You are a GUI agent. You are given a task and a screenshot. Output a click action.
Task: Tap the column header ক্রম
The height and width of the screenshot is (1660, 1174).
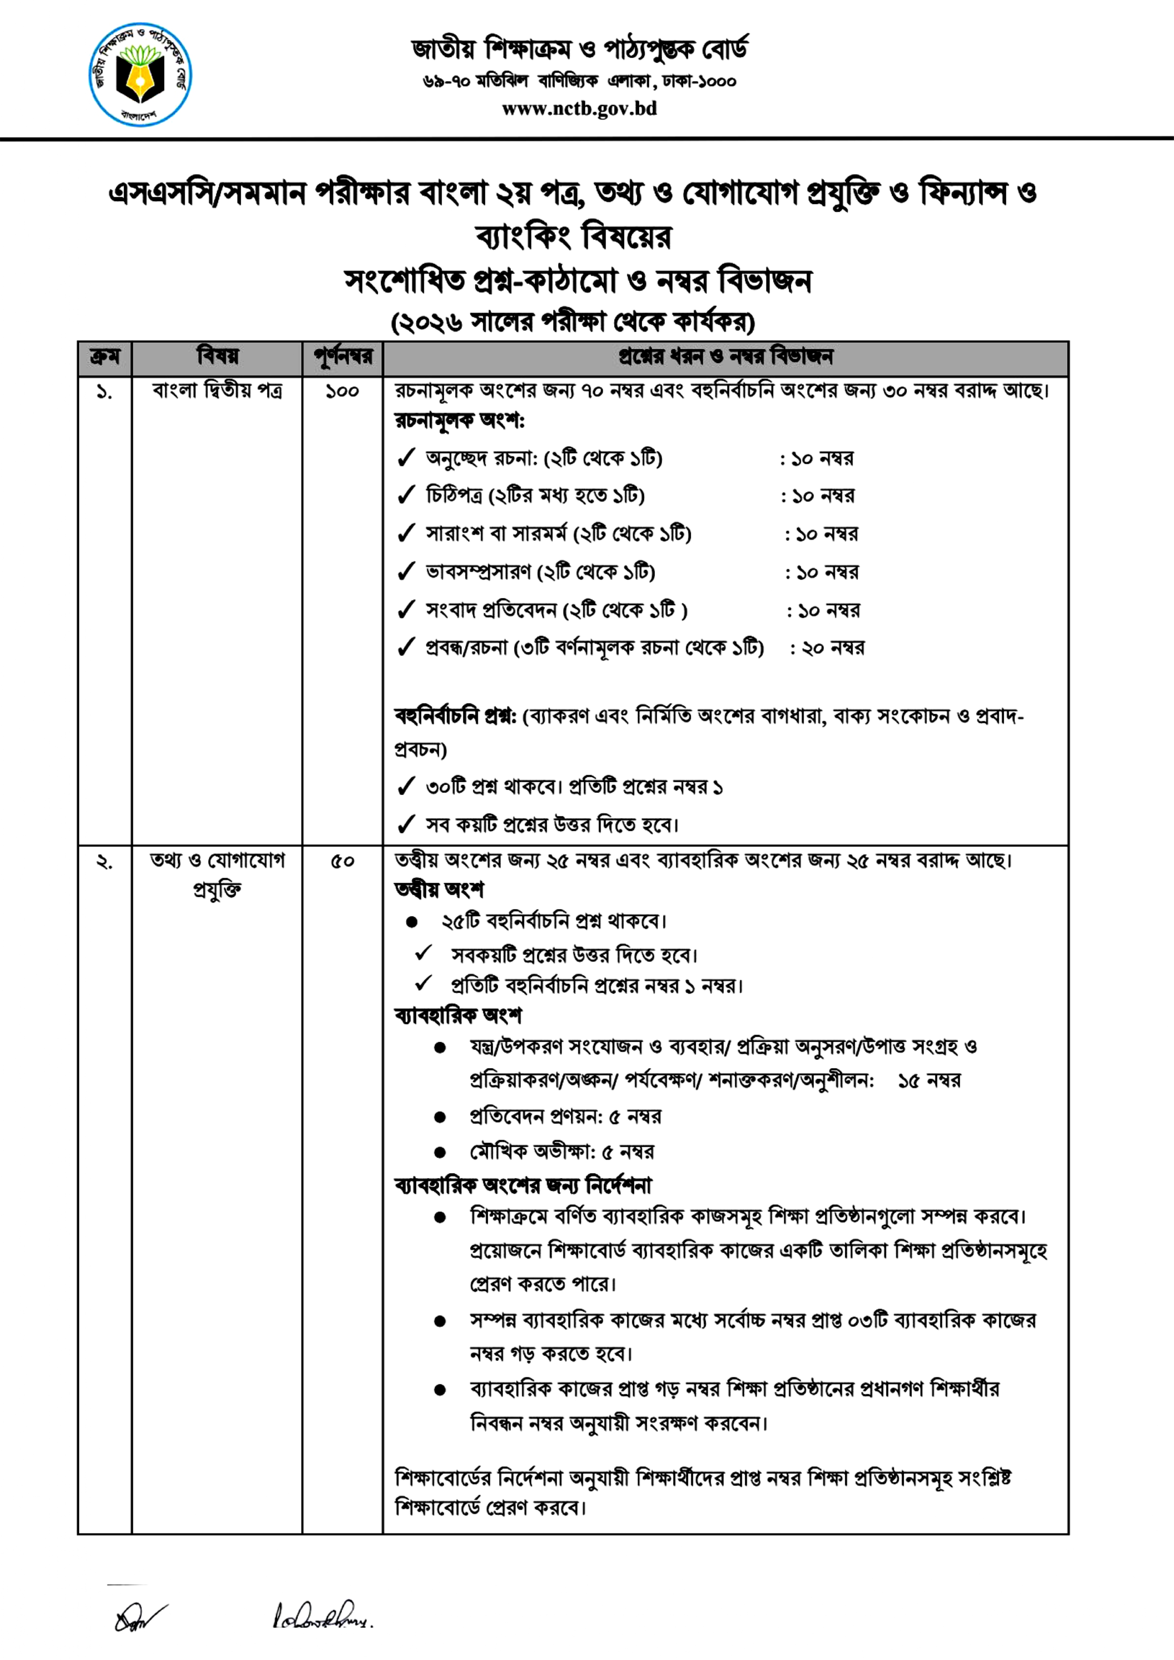click(x=105, y=357)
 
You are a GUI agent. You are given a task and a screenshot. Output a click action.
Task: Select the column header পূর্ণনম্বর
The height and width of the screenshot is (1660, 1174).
click(x=342, y=357)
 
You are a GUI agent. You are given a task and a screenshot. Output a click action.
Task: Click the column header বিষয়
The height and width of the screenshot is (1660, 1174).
click(x=217, y=357)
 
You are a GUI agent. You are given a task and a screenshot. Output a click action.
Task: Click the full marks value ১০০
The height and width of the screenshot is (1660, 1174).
click(x=342, y=391)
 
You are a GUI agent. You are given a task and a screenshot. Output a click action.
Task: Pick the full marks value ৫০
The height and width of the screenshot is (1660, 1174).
click(x=342, y=861)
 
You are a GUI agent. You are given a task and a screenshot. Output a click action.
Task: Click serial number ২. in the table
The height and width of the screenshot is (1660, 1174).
click(x=105, y=861)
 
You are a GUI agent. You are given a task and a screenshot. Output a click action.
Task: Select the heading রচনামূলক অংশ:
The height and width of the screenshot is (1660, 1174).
click(x=459, y=420)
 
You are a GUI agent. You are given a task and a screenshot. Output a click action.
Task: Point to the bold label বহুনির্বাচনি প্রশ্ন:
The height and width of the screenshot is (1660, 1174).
click(x=456, y=716)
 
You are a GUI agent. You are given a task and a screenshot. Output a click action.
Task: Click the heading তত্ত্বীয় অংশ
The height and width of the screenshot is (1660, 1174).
click(x=439, y=890)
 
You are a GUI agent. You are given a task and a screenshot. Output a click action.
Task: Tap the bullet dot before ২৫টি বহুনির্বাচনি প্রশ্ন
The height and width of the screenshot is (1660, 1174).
click(x=412, y=922)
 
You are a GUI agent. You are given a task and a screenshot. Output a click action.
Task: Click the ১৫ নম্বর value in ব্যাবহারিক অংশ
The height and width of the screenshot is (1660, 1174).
click(x=929, y=1081)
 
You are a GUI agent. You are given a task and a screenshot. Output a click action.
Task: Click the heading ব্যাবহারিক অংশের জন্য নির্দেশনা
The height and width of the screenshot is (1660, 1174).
click(x=523, y=1187)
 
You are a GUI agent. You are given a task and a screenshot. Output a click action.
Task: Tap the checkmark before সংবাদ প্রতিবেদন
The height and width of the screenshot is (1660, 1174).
click(x=406, y=610)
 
